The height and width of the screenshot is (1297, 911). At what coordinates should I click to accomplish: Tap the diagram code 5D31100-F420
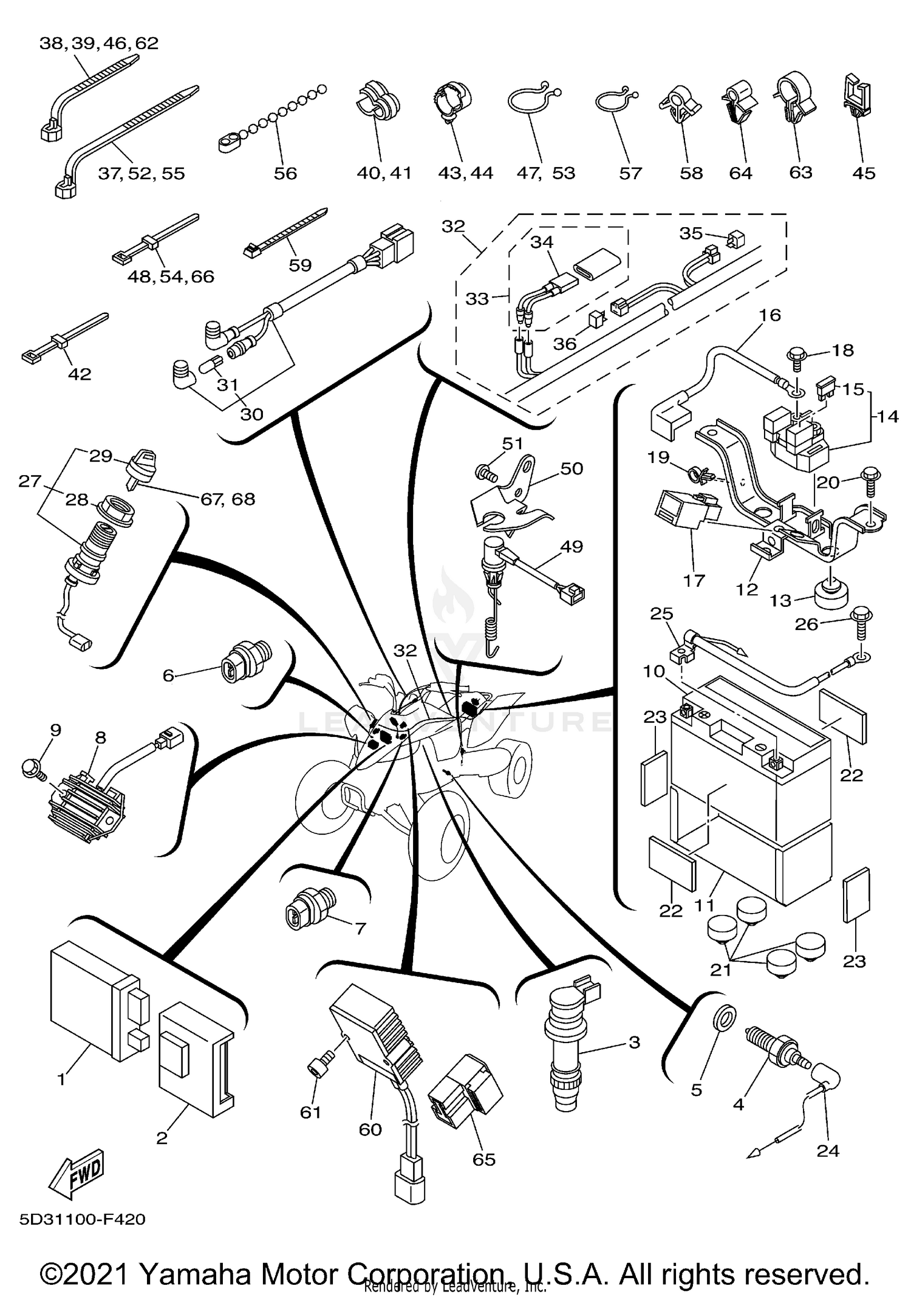(x=83, y=1219)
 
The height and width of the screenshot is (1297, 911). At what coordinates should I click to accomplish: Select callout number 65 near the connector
(x=484, y=1159)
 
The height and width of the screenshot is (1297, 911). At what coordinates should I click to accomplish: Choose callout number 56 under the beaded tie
(x=285, y=173)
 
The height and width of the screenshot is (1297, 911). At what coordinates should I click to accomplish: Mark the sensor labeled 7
(x=309, y=906)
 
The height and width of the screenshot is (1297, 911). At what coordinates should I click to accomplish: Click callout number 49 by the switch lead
(x=571, y=546)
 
